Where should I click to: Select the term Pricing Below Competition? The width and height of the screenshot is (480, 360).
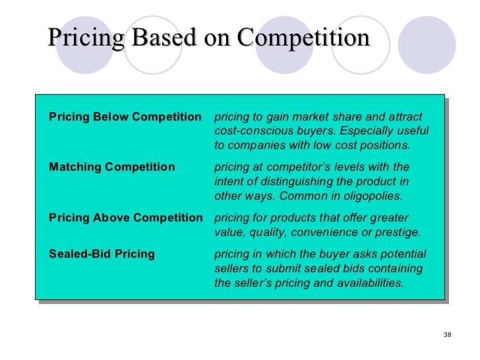(125, 117)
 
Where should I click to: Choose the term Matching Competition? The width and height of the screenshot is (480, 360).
(112, 167)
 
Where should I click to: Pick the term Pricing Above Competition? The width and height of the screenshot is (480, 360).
(126, 218)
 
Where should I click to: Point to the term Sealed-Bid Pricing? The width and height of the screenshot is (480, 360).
(102, 254)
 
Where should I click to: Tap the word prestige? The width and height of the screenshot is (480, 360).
(398, 232)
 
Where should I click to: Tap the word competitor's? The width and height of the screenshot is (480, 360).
(307, 167)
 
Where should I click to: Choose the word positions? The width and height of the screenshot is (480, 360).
(385, 146)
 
